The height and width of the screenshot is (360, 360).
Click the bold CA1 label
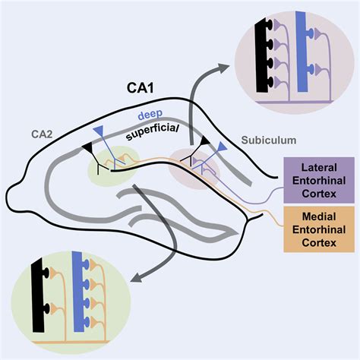point(140,87)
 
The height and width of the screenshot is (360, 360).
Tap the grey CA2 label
point(42,134)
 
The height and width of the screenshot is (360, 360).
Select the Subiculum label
point(269,140)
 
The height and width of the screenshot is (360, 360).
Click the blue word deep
point(150,115)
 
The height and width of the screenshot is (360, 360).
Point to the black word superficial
point(153,132)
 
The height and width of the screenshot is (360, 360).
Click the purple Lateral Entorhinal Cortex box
point(319,180)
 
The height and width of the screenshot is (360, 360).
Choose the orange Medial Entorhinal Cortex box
point(319,229)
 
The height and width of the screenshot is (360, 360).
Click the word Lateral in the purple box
point(319,168)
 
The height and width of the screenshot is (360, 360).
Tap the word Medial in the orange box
point(319,216)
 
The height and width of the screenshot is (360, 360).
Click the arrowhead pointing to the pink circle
point(224,68)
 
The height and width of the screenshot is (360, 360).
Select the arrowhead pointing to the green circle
point(136,277)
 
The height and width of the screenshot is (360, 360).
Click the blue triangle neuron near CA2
point(99,131)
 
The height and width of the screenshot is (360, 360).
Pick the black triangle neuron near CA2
point(87,147)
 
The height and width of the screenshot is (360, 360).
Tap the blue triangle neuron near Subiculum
point(222,147)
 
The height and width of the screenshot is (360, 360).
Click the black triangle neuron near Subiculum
point(204,141)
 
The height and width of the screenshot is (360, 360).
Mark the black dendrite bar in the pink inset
point(261,55)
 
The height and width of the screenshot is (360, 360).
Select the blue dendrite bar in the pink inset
point(301,52)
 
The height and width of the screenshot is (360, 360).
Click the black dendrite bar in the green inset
point(38,295)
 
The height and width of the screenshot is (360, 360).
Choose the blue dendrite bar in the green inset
point(78,292)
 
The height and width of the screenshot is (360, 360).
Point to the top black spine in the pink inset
point(270,25)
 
